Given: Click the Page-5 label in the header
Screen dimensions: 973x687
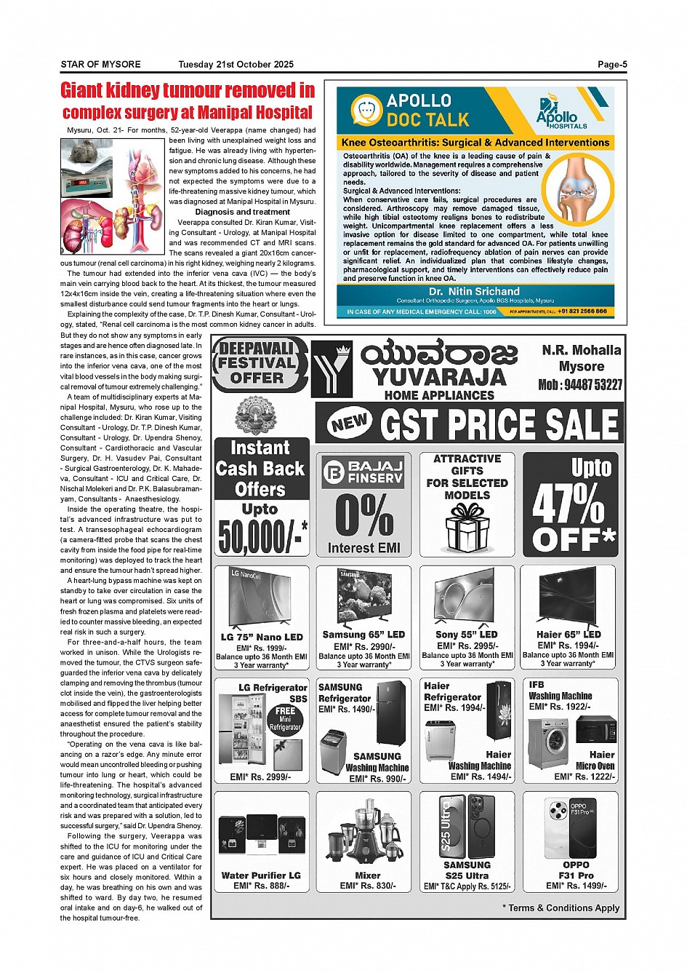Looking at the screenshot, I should pos(612,65).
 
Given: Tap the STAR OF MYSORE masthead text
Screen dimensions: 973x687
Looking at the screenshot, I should pos(100,65).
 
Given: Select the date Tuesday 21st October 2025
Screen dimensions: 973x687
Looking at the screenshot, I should pos(236,65).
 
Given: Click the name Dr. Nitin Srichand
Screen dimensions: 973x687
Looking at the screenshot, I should pos(474,291).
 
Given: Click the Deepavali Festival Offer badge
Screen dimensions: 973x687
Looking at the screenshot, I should pos(257,363).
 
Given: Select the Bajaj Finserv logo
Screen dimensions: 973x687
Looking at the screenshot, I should pos(363,472).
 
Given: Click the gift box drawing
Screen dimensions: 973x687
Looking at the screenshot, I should pos(467,528).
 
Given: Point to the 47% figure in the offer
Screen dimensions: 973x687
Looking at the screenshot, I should pos(568,504).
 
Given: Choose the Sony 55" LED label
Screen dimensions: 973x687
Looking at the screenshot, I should pos(466,635).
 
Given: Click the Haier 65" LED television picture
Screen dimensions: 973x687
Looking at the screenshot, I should pos(569,597).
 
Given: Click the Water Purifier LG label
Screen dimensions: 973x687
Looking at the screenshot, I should pos(261,875).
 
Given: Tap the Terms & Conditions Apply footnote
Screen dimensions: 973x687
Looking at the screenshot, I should pos(561,908).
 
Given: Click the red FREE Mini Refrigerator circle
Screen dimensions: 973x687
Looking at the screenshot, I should pos(285,718).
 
